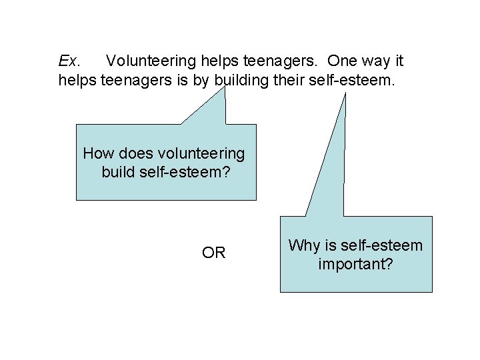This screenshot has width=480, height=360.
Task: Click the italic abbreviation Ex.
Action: [x=69, y=62]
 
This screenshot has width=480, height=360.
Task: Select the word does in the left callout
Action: [x=133, y=154]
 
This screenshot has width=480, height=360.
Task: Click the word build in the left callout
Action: [x=119, y=172]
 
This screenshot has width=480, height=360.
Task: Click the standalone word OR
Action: [x=213, y=253]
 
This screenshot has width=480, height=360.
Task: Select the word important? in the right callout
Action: [x=356, y=265]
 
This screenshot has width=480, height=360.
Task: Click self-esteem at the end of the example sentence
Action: [x=368, y=81]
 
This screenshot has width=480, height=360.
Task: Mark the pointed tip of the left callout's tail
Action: [x=225, y=89]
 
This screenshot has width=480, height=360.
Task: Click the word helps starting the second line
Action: [x=77, y=81]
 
